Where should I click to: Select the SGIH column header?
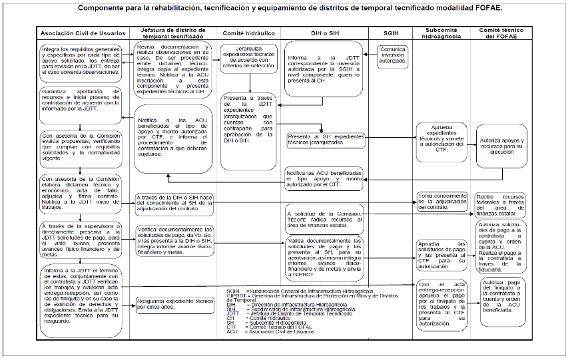(x=391, y=33)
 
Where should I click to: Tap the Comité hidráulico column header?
(x=250, y=33)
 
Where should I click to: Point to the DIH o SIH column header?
(x=324, y=33)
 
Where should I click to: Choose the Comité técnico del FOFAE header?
(x=502, y=33)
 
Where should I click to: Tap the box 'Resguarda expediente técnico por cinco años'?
(x=174, y=303)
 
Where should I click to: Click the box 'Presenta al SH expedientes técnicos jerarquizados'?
(x=326, y=140)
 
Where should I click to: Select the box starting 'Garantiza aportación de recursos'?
(x=80, y=100)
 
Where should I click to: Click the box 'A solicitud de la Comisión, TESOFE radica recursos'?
(x=320, y=220)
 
